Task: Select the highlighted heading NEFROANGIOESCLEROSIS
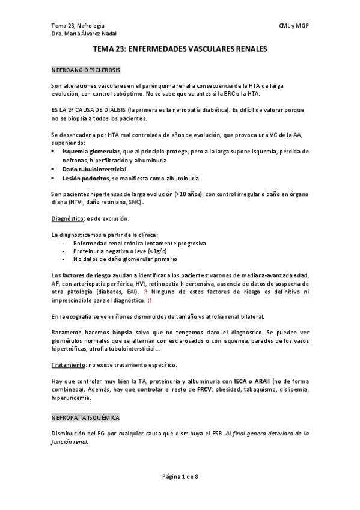86,70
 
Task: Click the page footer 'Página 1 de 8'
180,477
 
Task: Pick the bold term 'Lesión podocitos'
84,179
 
